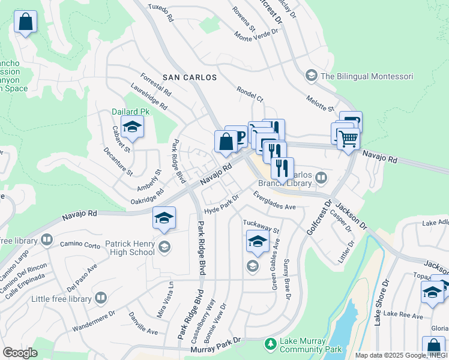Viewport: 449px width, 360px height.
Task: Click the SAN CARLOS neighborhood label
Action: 189,78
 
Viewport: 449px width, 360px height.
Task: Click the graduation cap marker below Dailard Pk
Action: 132,127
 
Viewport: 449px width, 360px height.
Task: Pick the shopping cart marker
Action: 348,139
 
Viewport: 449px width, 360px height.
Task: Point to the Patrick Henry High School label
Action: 122,248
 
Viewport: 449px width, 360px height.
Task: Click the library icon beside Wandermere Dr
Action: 101,298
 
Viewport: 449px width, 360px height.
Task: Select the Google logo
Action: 20,352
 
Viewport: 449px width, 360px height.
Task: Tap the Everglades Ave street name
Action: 274,201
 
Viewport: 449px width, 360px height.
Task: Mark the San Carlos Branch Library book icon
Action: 321,177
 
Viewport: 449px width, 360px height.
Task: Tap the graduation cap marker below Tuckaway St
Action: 258,242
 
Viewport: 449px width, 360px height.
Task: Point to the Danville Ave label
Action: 143,323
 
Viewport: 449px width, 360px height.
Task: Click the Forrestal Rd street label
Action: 155,86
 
